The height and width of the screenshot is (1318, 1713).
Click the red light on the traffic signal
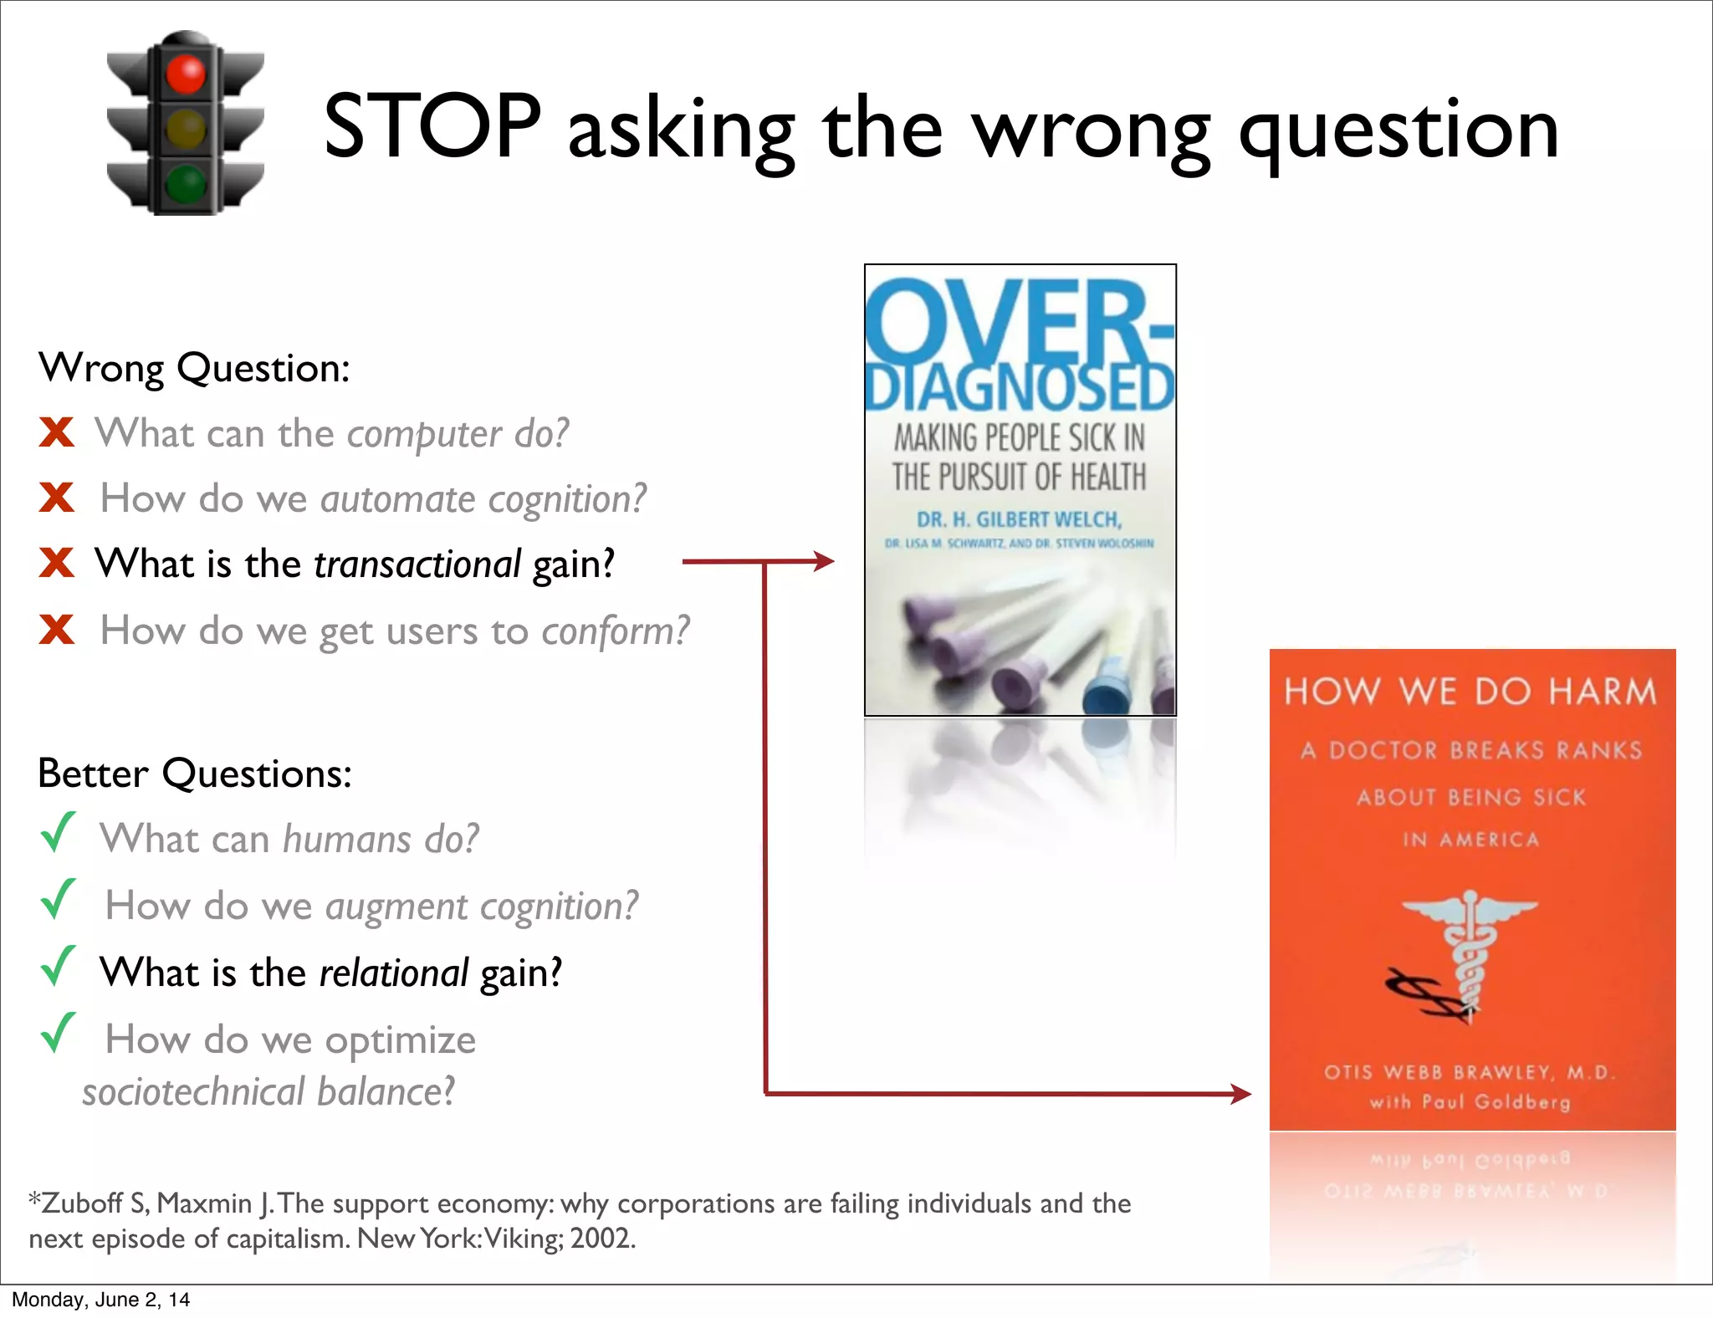pyautogui.click(x=185, y=74)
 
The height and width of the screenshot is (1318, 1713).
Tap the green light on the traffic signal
pyautogui.click(x=185, y=183)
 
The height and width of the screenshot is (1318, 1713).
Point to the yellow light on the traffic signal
pyautogui.click(x=185, y=129)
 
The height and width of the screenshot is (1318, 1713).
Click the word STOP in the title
pyautogui.click(x=432, y=127)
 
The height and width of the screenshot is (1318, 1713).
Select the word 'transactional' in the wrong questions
pyautogui.click(x=417, y=564)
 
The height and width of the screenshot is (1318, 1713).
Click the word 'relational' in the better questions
pyautogui.click(x=393, y=973)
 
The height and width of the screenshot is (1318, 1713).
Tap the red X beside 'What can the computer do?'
pyautogui.click(x=57, y=432)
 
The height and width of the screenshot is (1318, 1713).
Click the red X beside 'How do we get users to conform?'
pyautogui.click(x=57, y=629)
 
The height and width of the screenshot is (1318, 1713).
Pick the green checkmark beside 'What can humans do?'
pyautogui.click(x=58, y=833)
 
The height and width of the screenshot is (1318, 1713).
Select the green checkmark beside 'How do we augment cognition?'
pyautogui.click(x=58, y=900)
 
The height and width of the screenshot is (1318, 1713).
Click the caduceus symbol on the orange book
pyautogui.click(x=1469, y=953)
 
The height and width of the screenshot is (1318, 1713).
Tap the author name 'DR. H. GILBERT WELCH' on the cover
pyautogui.click(x=1019, y=519)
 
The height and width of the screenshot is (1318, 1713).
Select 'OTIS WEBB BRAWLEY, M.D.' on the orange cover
pyautogui.click(x=1469, y=1072)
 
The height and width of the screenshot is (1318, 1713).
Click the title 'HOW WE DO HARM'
pyautogui.click(x=1470, y=692)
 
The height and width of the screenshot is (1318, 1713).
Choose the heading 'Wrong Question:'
pyautogui.click(x=194, y=368)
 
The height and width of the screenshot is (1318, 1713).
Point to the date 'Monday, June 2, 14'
pyautogui.click(x=100, y=1300)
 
